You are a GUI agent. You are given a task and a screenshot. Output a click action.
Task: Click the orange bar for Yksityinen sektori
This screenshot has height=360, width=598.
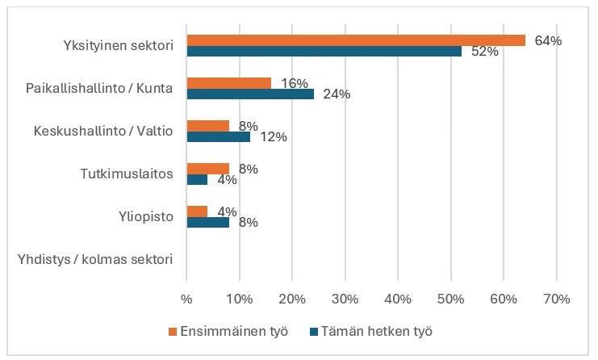point(355,40)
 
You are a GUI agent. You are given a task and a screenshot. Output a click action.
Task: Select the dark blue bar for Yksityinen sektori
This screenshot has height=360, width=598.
point(323,51)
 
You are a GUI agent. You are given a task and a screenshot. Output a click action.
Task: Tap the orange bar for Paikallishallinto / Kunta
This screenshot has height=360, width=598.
point(228,83)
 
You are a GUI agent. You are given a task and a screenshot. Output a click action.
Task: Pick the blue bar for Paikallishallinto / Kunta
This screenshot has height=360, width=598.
point(250,94)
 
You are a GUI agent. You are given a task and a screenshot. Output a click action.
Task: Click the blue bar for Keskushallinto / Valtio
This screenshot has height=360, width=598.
point(218,136)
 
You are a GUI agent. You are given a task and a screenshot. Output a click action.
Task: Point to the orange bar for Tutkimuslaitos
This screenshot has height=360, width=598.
point(207,169)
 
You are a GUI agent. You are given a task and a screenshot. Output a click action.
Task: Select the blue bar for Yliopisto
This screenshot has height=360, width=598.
point(207,222)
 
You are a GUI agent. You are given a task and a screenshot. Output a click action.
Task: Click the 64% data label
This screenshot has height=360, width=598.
point(548,40)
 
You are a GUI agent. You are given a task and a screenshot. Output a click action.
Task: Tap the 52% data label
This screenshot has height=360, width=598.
point(485,52)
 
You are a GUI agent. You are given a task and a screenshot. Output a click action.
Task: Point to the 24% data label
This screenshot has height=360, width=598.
point(337,94)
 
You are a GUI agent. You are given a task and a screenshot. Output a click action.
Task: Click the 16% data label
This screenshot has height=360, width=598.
point(294,83)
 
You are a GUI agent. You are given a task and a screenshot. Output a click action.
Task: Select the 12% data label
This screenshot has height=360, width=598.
point(274,137)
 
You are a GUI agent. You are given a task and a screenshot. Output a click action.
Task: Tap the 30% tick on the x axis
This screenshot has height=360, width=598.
point(345,299)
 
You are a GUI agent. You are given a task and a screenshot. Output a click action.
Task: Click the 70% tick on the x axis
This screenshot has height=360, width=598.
point(556,299)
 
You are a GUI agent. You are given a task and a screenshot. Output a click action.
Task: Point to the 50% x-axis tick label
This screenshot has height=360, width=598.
point(450,299)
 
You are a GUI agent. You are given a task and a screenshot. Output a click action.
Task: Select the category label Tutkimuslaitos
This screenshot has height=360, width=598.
point(127,174)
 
